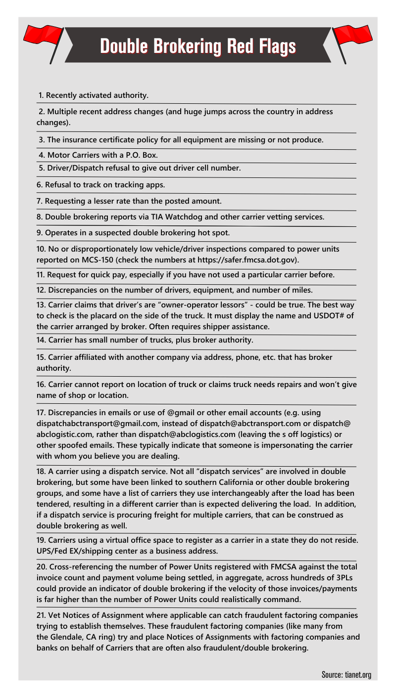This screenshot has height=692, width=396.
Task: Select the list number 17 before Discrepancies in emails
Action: point(41,412)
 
